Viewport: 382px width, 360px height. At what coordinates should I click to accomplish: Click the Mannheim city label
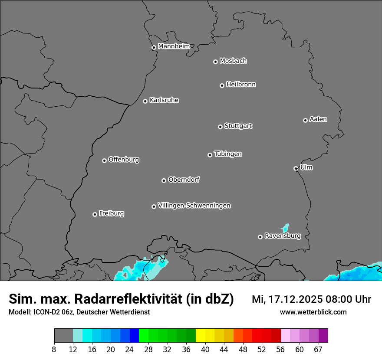(x=174, y=46)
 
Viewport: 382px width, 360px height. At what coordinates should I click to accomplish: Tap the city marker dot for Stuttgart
(x=220, y=127)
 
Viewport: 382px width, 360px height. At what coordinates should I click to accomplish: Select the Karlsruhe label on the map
(x=164, y=100)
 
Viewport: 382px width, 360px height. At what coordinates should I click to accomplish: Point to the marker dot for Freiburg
(x=95, y=214)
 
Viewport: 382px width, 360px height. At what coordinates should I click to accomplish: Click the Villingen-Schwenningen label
(x=194, y=206)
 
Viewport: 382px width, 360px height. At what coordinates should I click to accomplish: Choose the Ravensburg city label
(x=282, y=236)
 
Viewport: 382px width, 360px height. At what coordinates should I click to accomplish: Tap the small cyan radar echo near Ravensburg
(x=285, y=228)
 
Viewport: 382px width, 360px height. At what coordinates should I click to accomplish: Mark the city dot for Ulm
(x=296, y=168)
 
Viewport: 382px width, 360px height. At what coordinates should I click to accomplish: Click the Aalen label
(x=318, y=119)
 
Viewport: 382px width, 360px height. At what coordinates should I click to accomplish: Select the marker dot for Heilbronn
(x=222, y=85)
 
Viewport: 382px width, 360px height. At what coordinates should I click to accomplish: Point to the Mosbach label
(x=233, y=61)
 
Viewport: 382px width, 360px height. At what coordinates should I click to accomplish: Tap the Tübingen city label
(x=228, y=154)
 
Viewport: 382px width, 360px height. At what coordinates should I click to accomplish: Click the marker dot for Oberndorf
(x=164, y=180)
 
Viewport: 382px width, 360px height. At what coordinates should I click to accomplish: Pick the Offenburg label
(x=124, y=160)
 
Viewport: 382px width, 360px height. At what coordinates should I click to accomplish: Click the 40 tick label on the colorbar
(x=205, y=350)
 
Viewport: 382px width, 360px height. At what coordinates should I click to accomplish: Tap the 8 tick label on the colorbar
(x=54, y=350)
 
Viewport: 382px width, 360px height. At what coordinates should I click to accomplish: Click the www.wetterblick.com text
(x=313, y=312)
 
